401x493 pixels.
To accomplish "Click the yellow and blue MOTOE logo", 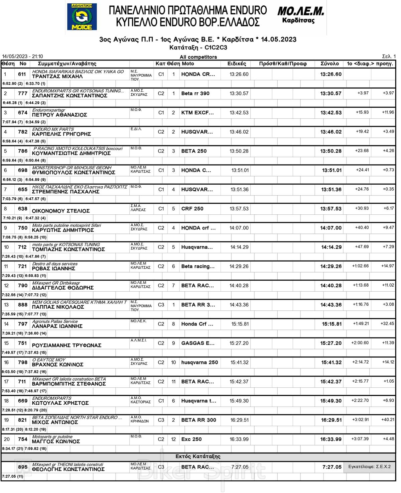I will coord(82,17).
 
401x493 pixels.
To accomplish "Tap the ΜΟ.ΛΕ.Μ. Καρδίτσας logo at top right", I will coord(300,15).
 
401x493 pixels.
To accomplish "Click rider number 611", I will coord(22,74).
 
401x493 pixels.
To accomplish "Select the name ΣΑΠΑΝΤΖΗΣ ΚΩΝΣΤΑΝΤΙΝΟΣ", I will coord(70,96).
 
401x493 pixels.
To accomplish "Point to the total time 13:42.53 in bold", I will coord(331,113).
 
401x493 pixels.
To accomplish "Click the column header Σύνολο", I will coord(329,64).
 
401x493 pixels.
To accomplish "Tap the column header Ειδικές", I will coord(237,64).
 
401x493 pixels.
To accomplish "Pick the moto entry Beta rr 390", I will coord(195,93).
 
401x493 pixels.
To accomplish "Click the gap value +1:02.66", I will coord(360,266).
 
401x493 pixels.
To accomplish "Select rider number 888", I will coord(23,305).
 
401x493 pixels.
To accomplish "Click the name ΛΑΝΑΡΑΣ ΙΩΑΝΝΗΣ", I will coord(57,326).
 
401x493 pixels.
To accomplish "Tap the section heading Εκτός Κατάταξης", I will coord(198,457).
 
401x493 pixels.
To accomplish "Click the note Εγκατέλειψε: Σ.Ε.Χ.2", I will coord(369,467).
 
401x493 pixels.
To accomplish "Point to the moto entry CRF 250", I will coord(192,209).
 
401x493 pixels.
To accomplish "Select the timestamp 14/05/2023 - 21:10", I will coord(22,57).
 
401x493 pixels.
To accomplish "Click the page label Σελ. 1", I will coord(389,57).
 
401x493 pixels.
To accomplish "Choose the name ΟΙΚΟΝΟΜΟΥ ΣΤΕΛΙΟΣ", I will coord(61,211).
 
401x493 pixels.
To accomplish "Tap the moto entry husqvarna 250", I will coord(199,362).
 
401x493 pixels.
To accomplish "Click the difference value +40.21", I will coord(388,419).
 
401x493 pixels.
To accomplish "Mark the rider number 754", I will coord(23,439).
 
